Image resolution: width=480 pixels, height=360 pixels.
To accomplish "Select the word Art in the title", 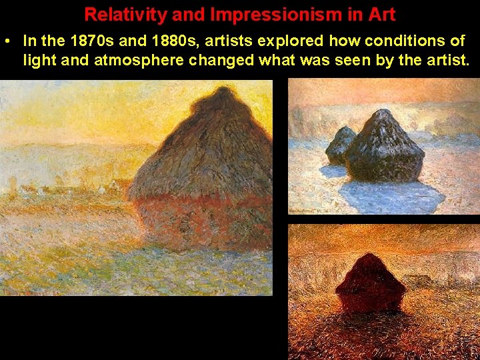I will tap(381, 14).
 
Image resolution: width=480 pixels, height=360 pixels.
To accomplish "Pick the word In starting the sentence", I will tap(29, 41).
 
